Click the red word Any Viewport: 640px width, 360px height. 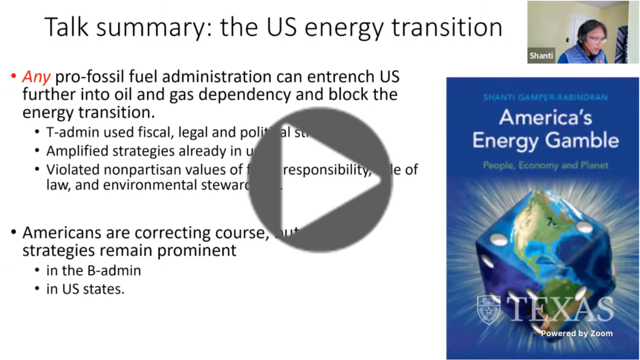pos(36,76)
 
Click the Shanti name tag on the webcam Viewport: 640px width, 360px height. pos(541,56)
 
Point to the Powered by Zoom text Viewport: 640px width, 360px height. pos(576,333)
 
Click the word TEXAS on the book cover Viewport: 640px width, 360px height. pos(560,309)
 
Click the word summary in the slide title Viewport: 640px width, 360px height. pos(152,27)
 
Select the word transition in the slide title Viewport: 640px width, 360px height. pos(447,27)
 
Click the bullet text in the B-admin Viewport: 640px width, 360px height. pos(94,270)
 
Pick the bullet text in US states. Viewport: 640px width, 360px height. pos(85,289)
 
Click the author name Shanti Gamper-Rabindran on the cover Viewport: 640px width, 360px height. pos(545,97)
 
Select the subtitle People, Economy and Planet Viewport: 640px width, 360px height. pos(545,165)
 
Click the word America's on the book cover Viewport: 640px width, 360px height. pos(545,118)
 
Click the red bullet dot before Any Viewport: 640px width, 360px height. pos(14,76)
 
